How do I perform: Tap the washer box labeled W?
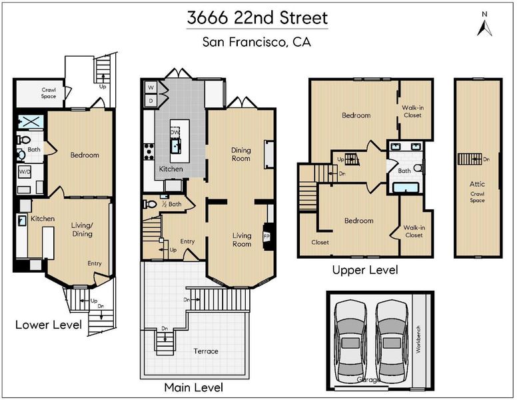click(151, 87)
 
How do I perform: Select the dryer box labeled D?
click(151, 101)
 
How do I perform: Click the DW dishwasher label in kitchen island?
click(175, 133)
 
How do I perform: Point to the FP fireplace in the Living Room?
click(266, 237)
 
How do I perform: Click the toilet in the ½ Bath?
click(150, 204)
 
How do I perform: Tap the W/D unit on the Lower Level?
click(25, 171)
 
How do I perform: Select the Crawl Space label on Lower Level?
click(49, 93)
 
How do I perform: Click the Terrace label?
click(206, 351)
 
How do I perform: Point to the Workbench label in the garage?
click(418, 339)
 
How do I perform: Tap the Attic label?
click(477, 184)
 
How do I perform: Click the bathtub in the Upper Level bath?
click(406, 187)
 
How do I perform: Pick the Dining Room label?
click(241, 154)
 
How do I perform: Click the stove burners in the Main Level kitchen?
click(149, 152)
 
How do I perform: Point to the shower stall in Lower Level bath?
click(31, 121)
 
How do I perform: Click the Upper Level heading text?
click(365, 270)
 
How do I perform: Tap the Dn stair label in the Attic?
click(486, 159)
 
